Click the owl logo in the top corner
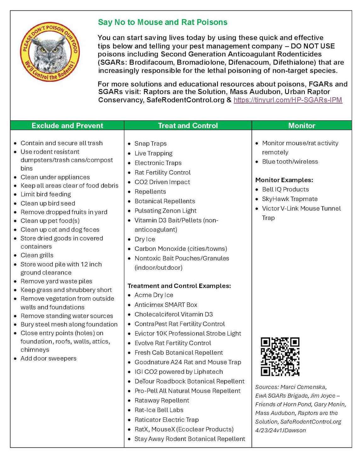point(49,52)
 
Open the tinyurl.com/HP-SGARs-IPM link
point(288,100)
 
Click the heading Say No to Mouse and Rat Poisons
point(162,22)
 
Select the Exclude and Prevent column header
point(67,125)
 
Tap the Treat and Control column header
point(188,125)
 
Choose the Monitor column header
point(302,125)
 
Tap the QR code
point(280,357)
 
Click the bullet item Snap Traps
point(150,144)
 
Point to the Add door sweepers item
point(48,358)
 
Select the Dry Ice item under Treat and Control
point(145,239)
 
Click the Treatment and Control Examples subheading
point(179,286)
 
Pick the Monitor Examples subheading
point(284,180)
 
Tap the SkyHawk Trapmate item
point(290,199)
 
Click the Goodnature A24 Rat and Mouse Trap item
point(188,362)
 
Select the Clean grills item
point(37,255)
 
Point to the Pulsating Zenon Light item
point(165,210)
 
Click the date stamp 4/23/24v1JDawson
point(280,430)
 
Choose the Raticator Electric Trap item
point(167,420)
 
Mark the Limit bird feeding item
point(46,194)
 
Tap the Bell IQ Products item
point(285,189)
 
